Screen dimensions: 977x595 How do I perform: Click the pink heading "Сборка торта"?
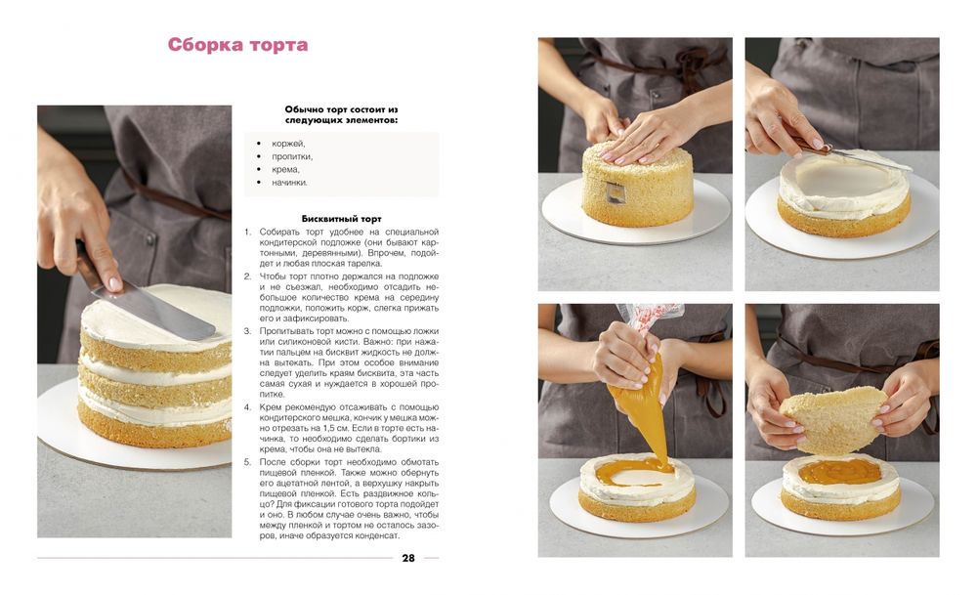(237, 45)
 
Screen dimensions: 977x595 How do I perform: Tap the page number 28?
(408, 558)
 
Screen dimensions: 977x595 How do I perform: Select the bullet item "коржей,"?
(288, 144)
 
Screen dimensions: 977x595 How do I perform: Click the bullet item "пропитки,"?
(292, 157)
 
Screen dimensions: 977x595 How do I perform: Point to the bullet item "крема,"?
(286, 169)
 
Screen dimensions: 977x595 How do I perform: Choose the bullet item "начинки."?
(290, 183)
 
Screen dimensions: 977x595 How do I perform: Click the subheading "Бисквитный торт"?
(341, 219)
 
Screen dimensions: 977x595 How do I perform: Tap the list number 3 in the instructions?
(247, 331)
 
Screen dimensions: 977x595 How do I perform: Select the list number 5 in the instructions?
(247, 462)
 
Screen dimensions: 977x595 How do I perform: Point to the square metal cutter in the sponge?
(615, 193)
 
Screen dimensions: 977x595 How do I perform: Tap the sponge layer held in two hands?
(833, 419)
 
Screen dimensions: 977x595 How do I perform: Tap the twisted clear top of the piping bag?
(648, 316)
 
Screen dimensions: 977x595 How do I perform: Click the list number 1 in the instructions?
(247, 232)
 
